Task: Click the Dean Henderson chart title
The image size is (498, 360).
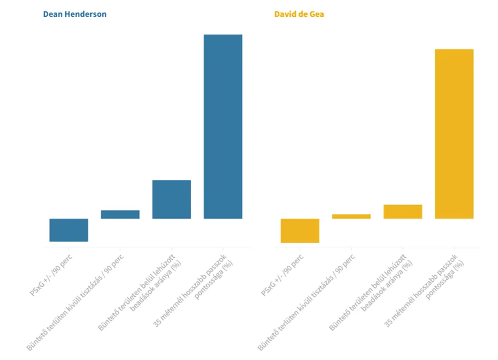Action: pos(74,14)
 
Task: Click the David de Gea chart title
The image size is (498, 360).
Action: pos(299,14)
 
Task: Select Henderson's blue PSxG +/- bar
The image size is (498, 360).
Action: pos(69,230)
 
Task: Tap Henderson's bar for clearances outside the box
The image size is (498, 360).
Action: pos(120,215)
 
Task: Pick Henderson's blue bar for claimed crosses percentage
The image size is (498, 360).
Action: pos(171,199)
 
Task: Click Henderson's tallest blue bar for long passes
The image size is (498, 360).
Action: pos(223,127)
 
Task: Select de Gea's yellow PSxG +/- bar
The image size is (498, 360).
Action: pos(300,230)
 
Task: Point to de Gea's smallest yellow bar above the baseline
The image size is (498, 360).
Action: pos(351,216)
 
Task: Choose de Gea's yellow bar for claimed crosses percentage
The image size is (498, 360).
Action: pos(403,211)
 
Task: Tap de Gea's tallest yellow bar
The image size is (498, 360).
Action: pos(454,134)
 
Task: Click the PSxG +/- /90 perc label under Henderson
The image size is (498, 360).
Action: pos(52,275)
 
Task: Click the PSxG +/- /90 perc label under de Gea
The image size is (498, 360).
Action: pos(284,275)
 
